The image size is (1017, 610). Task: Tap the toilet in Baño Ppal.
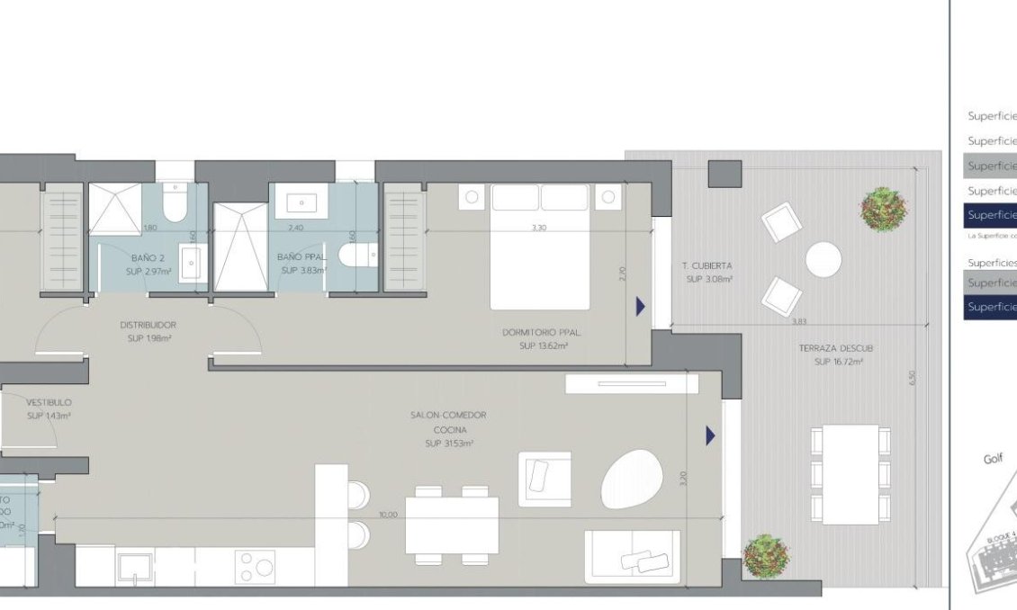[x=355, y=256]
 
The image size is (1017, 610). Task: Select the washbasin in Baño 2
[x=191, y=264]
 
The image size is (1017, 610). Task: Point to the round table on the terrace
[x=823, y=260]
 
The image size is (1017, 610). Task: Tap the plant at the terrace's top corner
[x=883, y=209]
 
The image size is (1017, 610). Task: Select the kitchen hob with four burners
[x=256, y=567]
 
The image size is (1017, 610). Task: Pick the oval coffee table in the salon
[x=631, y=478]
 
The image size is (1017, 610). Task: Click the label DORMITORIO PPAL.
[x=542, y=333]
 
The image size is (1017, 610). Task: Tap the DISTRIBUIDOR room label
[x=148, y=325]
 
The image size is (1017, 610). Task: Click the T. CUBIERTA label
[x=708, y=266]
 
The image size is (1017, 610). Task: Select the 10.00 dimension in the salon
[x=388, y=516]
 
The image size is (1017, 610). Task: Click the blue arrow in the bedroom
[x=640, y=307]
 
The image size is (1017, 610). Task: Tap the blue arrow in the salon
[x=710, y=436]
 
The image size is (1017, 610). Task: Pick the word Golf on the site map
[x=993, y=459]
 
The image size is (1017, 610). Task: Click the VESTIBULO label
[x=49, y=402]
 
